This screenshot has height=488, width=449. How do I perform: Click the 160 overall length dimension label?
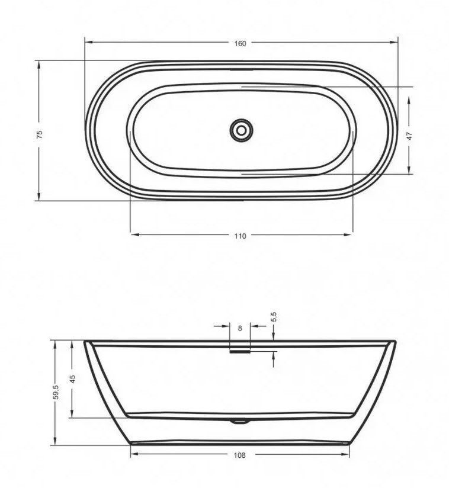tap(240, 44)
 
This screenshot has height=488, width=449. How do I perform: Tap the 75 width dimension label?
tap(40, 134)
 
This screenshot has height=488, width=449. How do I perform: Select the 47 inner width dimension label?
tap(409, 136)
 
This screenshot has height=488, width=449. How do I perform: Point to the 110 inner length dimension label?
tap(240, 236)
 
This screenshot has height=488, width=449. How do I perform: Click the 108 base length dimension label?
tap(239, 455)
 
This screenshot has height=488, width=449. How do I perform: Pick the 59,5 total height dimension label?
tap(56, 392)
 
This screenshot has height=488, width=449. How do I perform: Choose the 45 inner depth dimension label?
tap(72, 379)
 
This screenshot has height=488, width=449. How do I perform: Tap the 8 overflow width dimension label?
tap(240, 328)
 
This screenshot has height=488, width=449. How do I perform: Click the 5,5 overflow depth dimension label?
tap(274, 317)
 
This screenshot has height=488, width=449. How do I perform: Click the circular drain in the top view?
tap(241, 130)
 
